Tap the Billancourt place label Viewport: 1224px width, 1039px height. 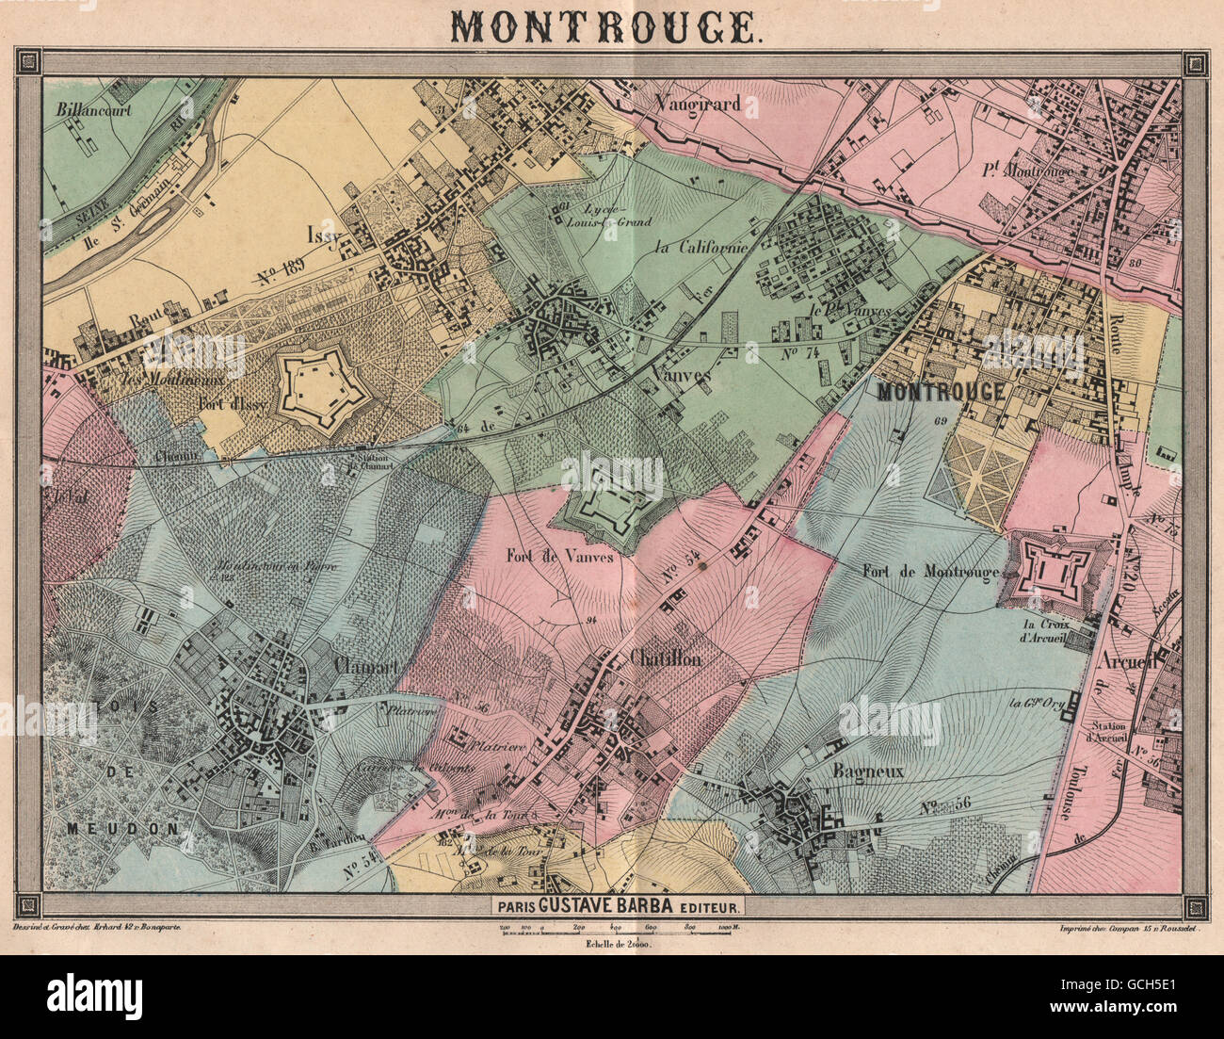(93, 108)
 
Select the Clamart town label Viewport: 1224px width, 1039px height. (368, 664)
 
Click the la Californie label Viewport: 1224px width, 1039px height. (700, 247)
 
